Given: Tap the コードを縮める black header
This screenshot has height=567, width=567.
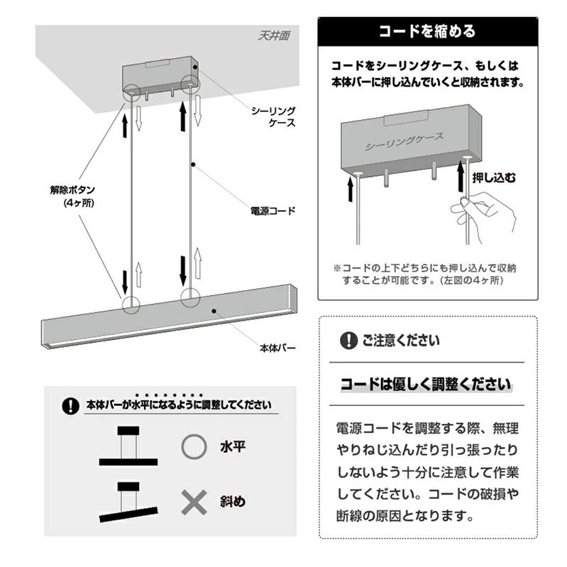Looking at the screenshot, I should [426, 32].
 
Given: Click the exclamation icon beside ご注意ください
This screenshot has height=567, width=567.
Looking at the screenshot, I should [348, 341].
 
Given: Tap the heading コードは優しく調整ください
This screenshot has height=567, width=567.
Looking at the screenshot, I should [426, 385].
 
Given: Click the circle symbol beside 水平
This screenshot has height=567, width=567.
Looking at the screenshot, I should [194, 448].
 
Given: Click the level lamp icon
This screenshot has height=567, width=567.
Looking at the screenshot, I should [128, 447].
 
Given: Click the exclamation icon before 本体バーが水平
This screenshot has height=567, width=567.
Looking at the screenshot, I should [70, 406].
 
